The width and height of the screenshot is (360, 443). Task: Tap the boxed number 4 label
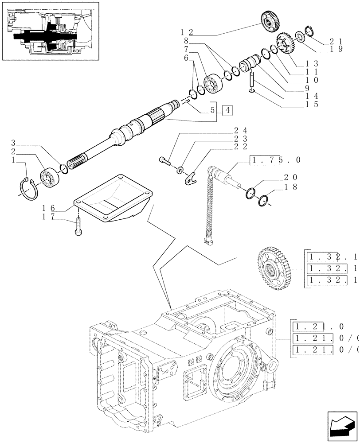point(227,110)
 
